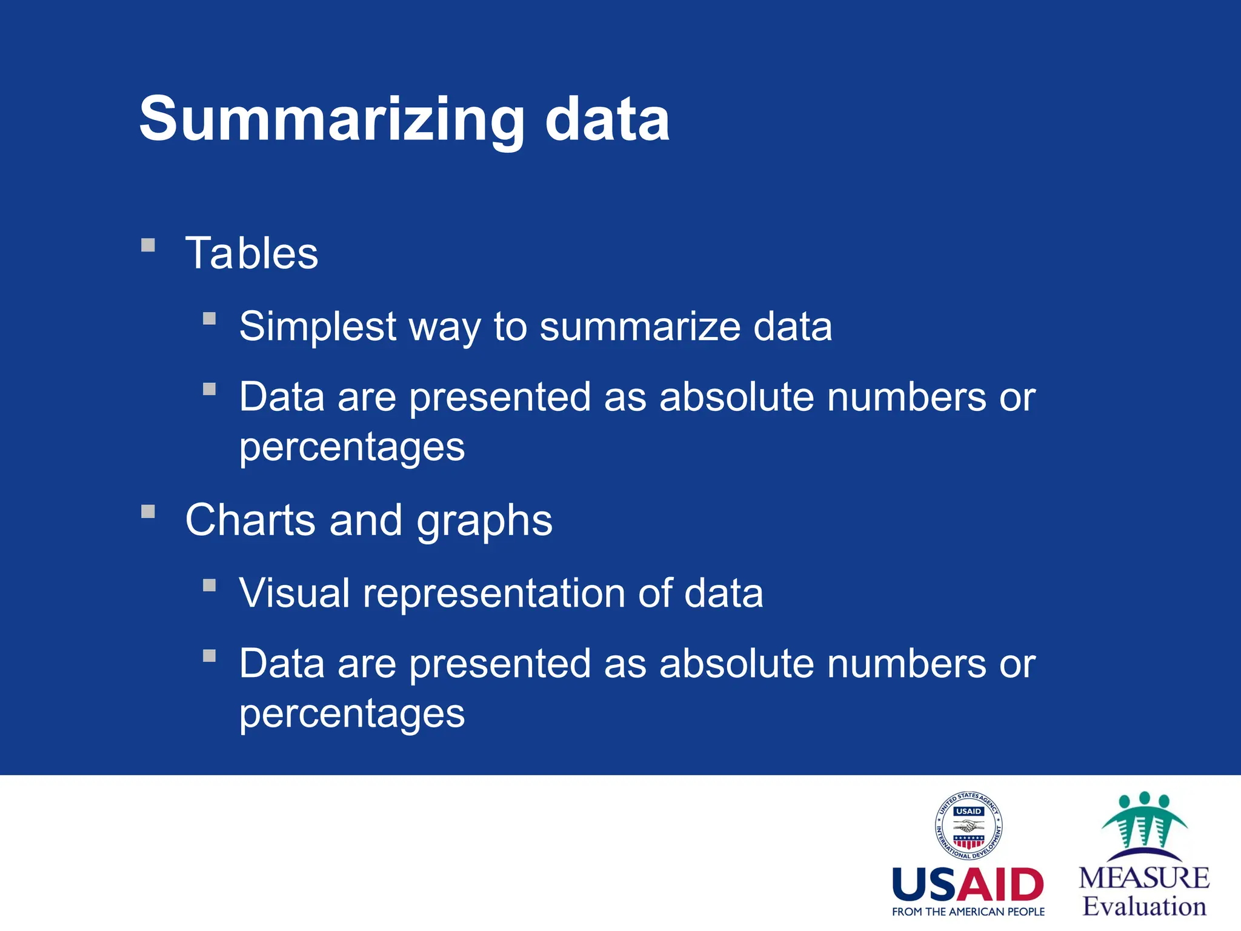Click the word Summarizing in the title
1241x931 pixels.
tap(331, 119)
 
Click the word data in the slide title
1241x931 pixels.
tap(607, 119)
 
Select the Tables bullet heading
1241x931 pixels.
tap(251, 253)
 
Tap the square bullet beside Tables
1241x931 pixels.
tap(148, 245)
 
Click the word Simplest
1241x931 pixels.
tap(318, 327)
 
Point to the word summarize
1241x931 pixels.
tap(639, 327)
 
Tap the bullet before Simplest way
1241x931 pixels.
tap(210, 319)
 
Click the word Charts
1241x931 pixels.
tap(250, 520)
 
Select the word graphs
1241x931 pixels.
tap(484, 521)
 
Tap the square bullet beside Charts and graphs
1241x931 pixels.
tap(148, 512)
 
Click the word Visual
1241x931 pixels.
tap(294, 593)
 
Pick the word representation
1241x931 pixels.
tap(493, 594)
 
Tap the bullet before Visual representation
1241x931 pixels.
tap(210, 586)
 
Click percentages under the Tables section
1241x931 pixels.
tap(351, 448)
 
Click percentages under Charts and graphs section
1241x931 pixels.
tap(351, 715)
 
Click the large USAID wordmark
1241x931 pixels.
tap(968, 885)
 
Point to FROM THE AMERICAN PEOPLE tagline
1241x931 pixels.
tap(968, 912)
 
